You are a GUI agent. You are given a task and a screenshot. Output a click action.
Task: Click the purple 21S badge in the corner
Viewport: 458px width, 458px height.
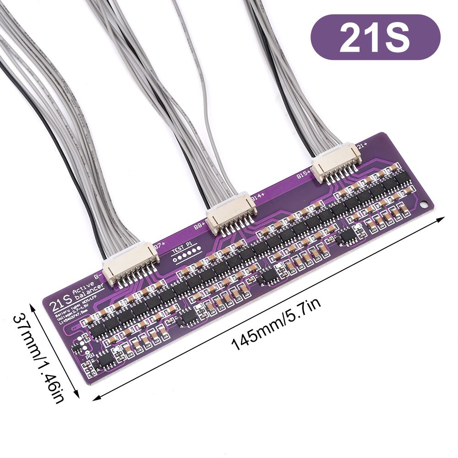pyautogui.click(x=375, y=37)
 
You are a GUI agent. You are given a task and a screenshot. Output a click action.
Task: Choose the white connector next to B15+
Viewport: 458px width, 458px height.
pyautogui.click(x=337, y=164)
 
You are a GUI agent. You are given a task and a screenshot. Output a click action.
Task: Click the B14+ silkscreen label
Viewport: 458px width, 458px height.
pyautogui.click(x=258, y=197)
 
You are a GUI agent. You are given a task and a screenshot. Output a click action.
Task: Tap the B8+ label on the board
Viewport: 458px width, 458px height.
pyautogui.click(x=200, y=226)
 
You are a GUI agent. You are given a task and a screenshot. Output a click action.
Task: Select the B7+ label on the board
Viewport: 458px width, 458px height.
pyautogui.click(x=160, y=246)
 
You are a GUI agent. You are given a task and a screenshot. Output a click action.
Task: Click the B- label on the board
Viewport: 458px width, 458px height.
pyautogui.click(x=97, y=276)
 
